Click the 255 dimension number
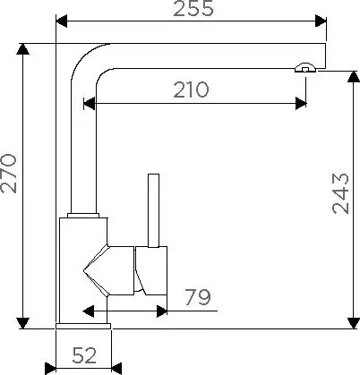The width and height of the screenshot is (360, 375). coord(193,8)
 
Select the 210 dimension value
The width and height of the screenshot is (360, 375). coord(191,89)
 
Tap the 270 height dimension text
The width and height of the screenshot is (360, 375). coord(8,174)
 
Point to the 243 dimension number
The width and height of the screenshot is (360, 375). coord(340,193)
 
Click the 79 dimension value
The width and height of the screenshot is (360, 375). coord(198,297)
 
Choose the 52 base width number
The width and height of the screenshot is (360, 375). coord(84,355)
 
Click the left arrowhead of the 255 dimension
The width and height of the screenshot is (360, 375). coord(62,21)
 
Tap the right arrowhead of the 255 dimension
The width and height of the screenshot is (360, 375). coord(321,21)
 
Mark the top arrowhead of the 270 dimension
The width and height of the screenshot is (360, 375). coord(23,49)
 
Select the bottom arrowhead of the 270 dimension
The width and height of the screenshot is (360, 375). coord(23,323)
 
